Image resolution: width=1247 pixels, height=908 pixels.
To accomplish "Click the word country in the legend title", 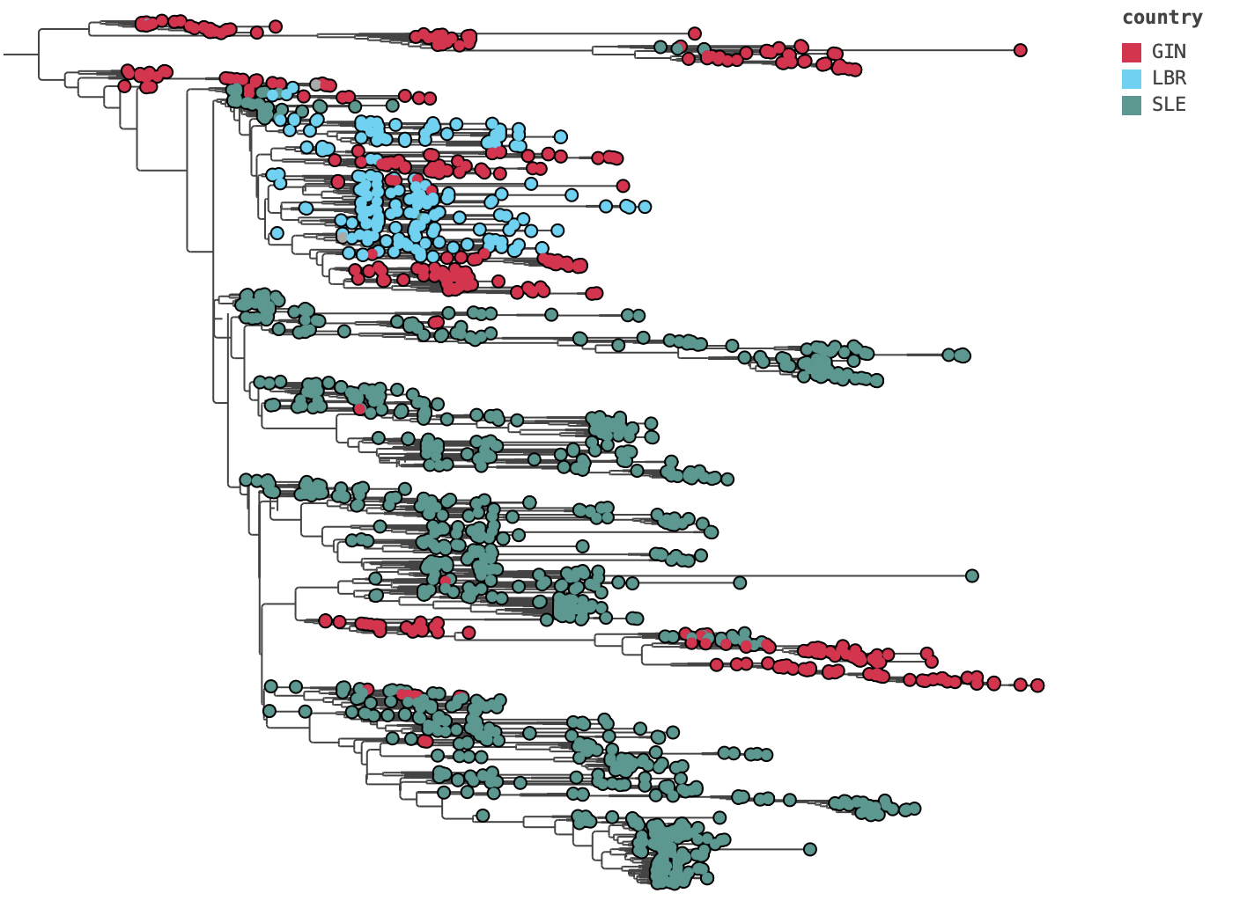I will [1162, 18].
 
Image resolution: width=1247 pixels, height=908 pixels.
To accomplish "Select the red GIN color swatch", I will [1132, 52].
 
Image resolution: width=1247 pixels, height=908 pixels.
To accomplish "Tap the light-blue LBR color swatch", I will [1132, 78].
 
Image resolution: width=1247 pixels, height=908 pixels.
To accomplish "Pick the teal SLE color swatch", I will [1132, 105].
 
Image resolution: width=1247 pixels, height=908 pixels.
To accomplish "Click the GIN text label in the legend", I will [1169, 52].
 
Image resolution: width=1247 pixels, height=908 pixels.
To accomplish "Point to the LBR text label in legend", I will [1169, 78].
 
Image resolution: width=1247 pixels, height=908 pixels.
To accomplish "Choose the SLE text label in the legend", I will [1169, 105].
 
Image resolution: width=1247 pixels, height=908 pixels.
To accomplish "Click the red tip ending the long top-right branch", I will [1020, 50].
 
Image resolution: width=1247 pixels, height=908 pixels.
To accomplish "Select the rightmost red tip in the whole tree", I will [1037, 685].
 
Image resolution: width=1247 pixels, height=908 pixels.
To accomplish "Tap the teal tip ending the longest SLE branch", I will [971, 576].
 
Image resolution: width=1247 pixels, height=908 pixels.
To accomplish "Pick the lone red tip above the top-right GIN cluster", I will [695, 33].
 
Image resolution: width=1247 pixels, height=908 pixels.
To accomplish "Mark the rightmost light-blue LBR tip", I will [645, 207].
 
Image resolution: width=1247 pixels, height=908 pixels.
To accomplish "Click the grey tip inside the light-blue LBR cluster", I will [343, 236].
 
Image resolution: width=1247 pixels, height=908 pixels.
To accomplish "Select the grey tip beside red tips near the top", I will [316, 84].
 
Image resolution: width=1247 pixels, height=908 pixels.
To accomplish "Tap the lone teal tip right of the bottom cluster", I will [810, 849].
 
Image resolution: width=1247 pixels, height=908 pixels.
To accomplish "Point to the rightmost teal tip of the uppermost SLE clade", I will [962, 355].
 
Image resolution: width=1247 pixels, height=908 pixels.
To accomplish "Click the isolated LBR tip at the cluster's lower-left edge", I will [277, 233].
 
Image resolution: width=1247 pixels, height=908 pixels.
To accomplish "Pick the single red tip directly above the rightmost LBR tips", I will [623, 186].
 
